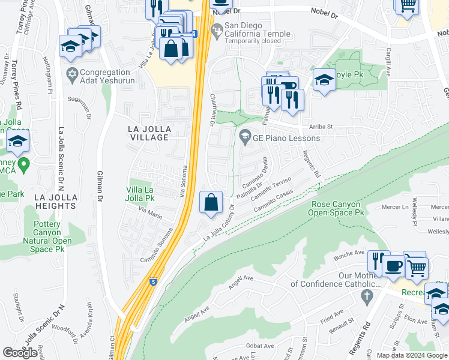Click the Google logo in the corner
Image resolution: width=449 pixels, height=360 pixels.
[20, 353]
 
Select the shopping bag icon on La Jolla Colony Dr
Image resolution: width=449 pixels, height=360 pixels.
[211, 203]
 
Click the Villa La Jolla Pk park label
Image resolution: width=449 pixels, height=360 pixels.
[140, 194]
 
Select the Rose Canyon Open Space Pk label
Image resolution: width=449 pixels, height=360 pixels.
[338, 208]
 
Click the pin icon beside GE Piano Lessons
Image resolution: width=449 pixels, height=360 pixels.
[244, 137]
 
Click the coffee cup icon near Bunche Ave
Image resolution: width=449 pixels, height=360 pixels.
[394, 265]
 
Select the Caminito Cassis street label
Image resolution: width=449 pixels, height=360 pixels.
[273, 200]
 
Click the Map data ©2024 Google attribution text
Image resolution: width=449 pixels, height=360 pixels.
[411, 355]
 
